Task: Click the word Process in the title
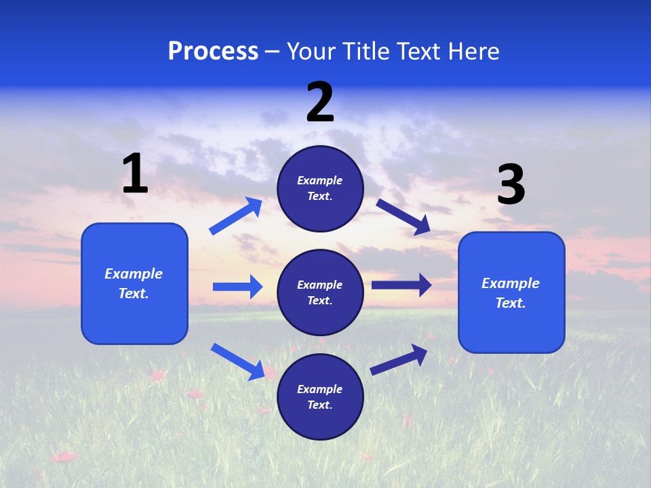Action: [213, 52]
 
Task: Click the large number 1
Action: [135, 174]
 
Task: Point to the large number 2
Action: [320, 102]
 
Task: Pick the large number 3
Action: [511, 184]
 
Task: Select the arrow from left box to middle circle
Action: [237, 287]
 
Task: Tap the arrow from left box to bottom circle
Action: [238, 361]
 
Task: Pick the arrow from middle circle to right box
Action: [401, 285]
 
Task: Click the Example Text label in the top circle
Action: [320, 188]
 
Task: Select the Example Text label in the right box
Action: [511, 293]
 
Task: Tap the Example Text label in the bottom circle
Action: [320, 397]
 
